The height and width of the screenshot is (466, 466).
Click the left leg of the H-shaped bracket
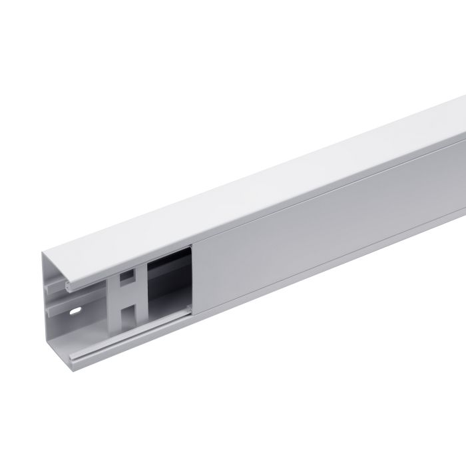(x=115, y=297)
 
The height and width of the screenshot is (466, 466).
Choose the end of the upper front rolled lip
(x=71, y=287)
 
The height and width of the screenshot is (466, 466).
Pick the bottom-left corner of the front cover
(x=194, y=314)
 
